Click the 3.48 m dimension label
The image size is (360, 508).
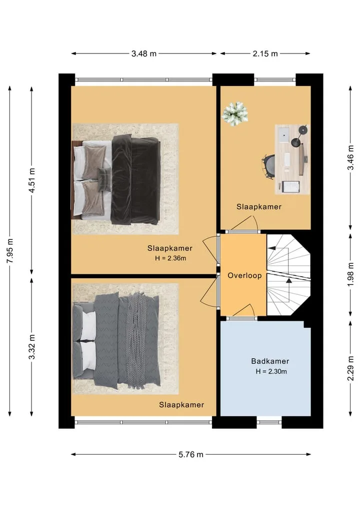[143, 53]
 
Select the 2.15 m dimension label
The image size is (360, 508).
[265, 53]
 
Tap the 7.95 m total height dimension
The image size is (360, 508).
[10, 251]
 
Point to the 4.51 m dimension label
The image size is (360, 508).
[32, 180]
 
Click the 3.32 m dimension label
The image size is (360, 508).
[32, 347]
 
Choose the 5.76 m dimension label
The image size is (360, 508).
[190, 455]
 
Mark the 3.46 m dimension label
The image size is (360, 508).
[350, 157]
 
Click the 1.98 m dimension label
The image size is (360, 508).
[350, 274]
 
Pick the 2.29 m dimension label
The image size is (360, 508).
[350, 369]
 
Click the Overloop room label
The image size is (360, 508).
[244, 275]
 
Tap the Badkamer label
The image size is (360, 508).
[270, 361]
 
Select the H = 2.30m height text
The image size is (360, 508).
[271, 372]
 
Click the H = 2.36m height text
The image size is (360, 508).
[170, 258]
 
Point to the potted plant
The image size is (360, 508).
[235, 114]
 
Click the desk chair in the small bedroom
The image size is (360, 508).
[268, 166]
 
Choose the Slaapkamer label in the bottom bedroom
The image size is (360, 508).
[181, 405]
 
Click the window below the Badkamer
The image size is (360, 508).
[269, 422]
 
